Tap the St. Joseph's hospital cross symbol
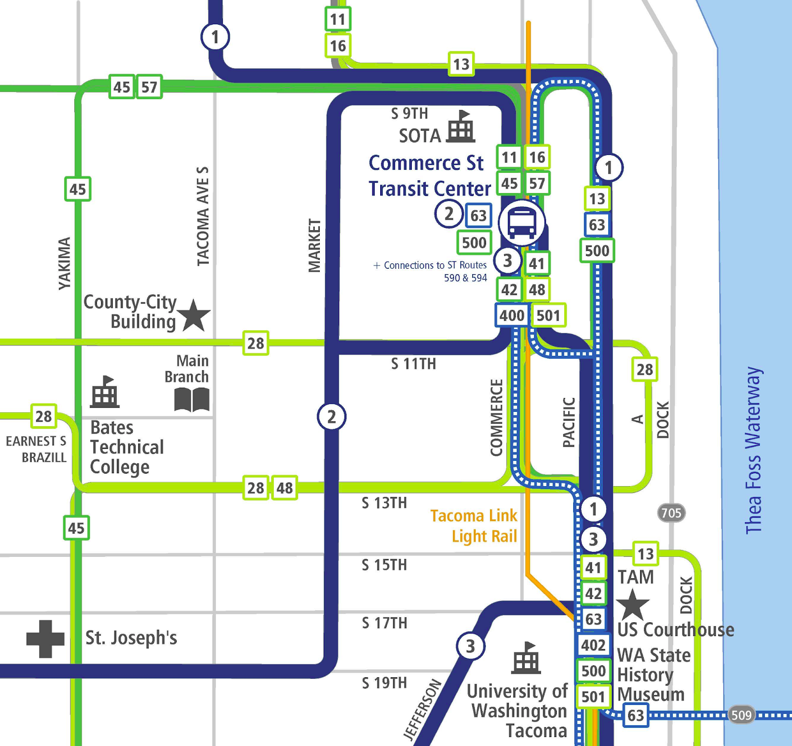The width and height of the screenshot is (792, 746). [45, 639]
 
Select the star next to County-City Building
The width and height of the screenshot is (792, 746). [194, 315]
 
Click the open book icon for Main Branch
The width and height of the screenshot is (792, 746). [192, 399]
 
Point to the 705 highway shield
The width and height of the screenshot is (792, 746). [671, 513]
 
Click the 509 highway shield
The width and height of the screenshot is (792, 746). [741, 715]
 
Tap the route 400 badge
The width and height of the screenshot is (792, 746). [511, 315]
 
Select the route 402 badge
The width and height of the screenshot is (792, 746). [593, 645]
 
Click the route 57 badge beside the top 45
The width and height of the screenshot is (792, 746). [149, 87]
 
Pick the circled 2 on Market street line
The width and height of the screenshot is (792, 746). [331, 417]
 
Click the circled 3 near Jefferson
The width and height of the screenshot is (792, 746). [470, 646]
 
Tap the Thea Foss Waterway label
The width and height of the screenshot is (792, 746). [753, 450]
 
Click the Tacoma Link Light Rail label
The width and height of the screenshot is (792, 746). [474, 526]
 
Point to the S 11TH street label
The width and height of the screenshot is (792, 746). [413, 364]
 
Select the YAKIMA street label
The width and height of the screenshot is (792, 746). [64, 263]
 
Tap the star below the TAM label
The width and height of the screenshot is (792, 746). [633, 604]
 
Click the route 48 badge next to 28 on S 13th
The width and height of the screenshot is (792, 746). [284, 488]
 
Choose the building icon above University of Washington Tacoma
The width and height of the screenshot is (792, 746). [526, 658]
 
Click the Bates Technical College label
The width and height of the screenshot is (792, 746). [127, 447]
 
